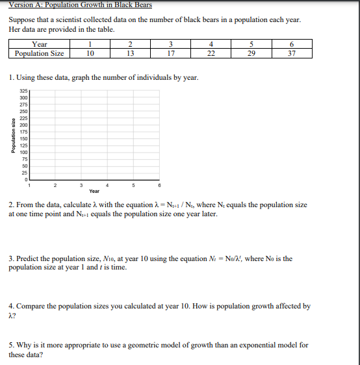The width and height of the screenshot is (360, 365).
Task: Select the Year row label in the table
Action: [x=39, y=45]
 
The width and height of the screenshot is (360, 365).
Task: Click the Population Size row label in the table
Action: [x=39, y=53]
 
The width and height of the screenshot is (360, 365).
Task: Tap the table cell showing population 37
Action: [x=291, y=53]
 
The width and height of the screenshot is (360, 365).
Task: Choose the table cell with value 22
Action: [x=211, y=53]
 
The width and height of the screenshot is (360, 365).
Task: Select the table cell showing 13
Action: [x=130, y=53]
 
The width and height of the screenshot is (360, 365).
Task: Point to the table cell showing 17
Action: [x=170, y=53]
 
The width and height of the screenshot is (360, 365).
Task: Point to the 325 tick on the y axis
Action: [x=23, y=91]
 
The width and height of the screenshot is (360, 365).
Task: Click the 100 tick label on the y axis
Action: [x=23, y=152]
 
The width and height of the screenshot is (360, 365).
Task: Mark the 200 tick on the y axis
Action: [x=23, y=125]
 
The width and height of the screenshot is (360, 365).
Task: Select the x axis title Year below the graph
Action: [x=94, y=192]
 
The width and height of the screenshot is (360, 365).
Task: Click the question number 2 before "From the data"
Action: [x=11, y=205]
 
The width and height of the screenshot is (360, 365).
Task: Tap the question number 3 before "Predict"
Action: [x=11, y=258]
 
